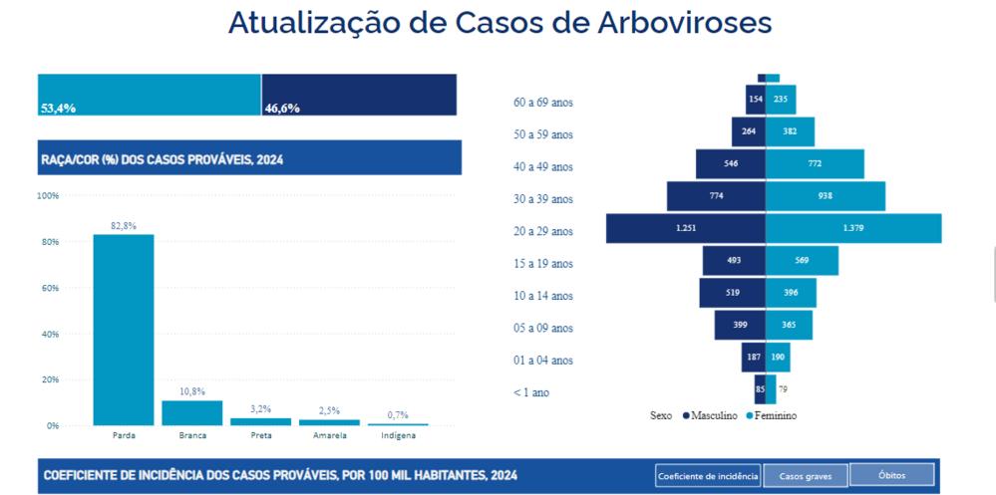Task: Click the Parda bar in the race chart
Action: coord(124,329)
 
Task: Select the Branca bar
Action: coord(191,412)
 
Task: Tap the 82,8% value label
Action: coord(124,226)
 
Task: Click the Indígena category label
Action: coord(398,435)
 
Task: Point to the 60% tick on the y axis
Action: coord(48,288)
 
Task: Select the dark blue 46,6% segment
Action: coord(359,95)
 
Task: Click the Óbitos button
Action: coord(893,475)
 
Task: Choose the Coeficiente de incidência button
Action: coord(708,475)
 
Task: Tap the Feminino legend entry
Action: coord(772,414)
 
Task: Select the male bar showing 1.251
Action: coord(686,229)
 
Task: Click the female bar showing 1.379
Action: coord(853,229)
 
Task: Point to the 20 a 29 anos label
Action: coord(543,231)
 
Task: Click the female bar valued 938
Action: coord(826,196)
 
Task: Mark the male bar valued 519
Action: coord(733,293)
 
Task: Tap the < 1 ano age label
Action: coord(531,392)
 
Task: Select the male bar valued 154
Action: coord(755,100)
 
